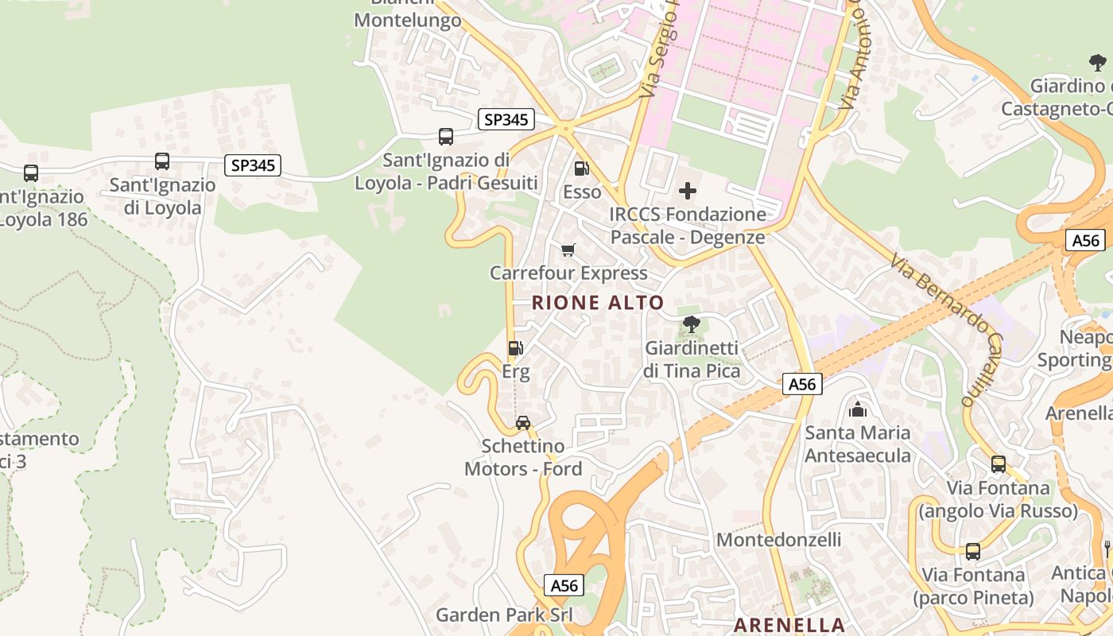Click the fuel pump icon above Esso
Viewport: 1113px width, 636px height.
pyautogui.click(x=582, y=169)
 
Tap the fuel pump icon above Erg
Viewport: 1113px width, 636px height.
pyautogui.click(x=515, y=348)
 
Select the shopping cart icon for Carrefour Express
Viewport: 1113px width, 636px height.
pyautogui.click(x=568, y=250)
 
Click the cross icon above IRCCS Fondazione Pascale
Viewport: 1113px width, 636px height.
pyautogui.click(x=688, y=191)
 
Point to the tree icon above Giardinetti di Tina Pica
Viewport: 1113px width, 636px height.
pyautogui.click(x=692, y=324)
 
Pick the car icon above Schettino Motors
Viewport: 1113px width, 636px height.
pyautogui.click(x=522, y=423)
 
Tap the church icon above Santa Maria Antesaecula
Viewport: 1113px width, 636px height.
pyautogui.click(x=858, y=410)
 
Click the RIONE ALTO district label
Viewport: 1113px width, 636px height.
pyautogui.click(x=597, y=303)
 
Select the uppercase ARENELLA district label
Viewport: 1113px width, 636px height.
pyautogui.click(x=789, y=625)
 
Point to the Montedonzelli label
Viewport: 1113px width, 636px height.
pyautogui.click(x=778, y=540)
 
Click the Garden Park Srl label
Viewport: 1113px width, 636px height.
pyautogui.click(x=504, y=615)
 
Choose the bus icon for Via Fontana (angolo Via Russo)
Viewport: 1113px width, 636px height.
pyautogui.click(x=998, y=464)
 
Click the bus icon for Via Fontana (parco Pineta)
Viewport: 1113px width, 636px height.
pyautogui.click(x=972, y=551)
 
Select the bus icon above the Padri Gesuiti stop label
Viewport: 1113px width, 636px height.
pyautogui.click(x=446, y=137)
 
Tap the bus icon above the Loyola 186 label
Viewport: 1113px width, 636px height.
pyautogui.click(x=31, y=173)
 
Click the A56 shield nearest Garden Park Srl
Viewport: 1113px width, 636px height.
pyautogui.click(x=564, y=586)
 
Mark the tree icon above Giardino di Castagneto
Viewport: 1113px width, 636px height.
pyautogui.click(x=1097, y=63)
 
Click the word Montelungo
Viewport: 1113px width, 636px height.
pyautogui.click(x=407, y=21)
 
